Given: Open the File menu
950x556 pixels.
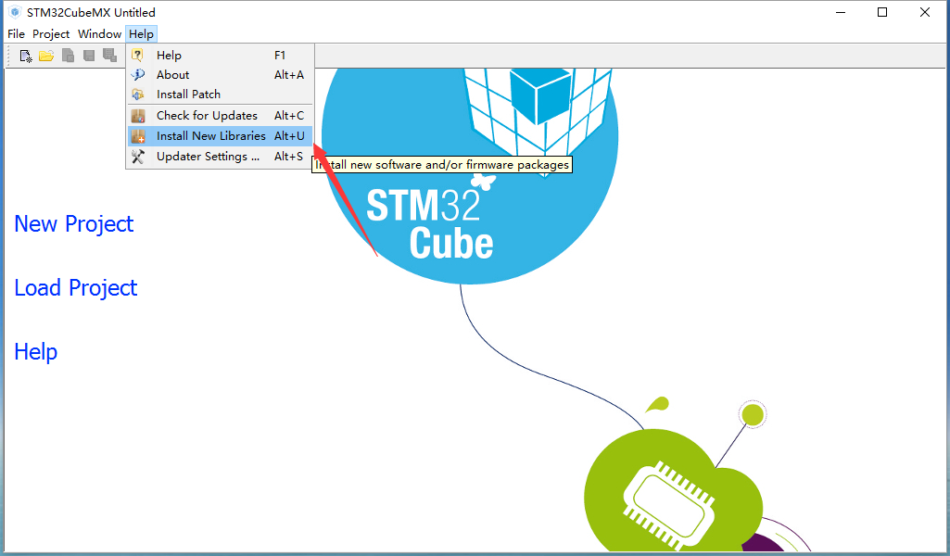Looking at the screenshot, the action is (16, 34).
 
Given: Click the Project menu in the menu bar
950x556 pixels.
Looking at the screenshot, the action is (51, 34).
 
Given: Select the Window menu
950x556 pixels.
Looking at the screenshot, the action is (99, 34).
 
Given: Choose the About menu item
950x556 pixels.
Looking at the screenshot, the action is (172, 74).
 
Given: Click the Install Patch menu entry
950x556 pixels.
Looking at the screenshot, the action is (188, 94).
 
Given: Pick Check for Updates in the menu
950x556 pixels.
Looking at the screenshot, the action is (207, 115).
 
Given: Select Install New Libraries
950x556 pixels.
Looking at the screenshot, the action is (210, 135).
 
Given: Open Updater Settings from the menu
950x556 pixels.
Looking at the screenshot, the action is (208, 157).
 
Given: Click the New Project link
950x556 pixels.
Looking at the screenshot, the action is (74, 224).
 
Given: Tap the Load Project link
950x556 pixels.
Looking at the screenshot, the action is (76, 287).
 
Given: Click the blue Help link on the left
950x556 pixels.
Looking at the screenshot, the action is (36, 352).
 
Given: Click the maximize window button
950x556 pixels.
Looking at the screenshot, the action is (882, 12).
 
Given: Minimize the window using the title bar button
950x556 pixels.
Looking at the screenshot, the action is (841, 12).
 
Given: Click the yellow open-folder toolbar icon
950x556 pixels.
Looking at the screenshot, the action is (46, 57).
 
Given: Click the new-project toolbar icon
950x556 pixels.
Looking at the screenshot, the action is (25, 57).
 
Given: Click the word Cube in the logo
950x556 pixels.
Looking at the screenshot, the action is (451, 244).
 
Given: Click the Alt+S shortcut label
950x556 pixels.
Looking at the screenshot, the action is (288, 157).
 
